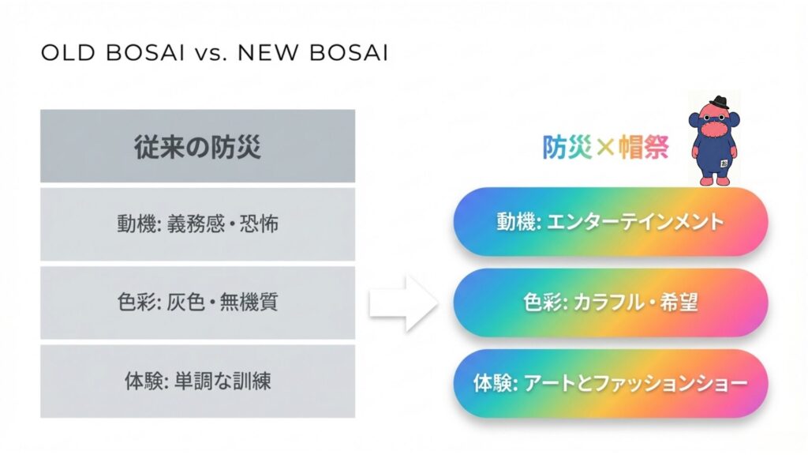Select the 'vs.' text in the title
tap(211, 54)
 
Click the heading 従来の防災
tap(197, 146)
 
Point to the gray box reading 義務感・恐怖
tap(197, 224)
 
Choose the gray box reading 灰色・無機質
tap(197, 303)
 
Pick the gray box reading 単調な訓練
tap(197, 382)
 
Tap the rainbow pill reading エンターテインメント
tap(611, 222)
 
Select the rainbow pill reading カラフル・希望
tap(611, 303)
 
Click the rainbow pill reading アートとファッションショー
tap(611, 383)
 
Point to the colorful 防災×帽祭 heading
tap(605, 147)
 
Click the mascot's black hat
tap(719, 102)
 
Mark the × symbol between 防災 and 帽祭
tap(605, 147)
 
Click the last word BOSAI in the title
tap(348, 53)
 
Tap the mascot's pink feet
tap(714, 181)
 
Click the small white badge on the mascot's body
tap(724, 164)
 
